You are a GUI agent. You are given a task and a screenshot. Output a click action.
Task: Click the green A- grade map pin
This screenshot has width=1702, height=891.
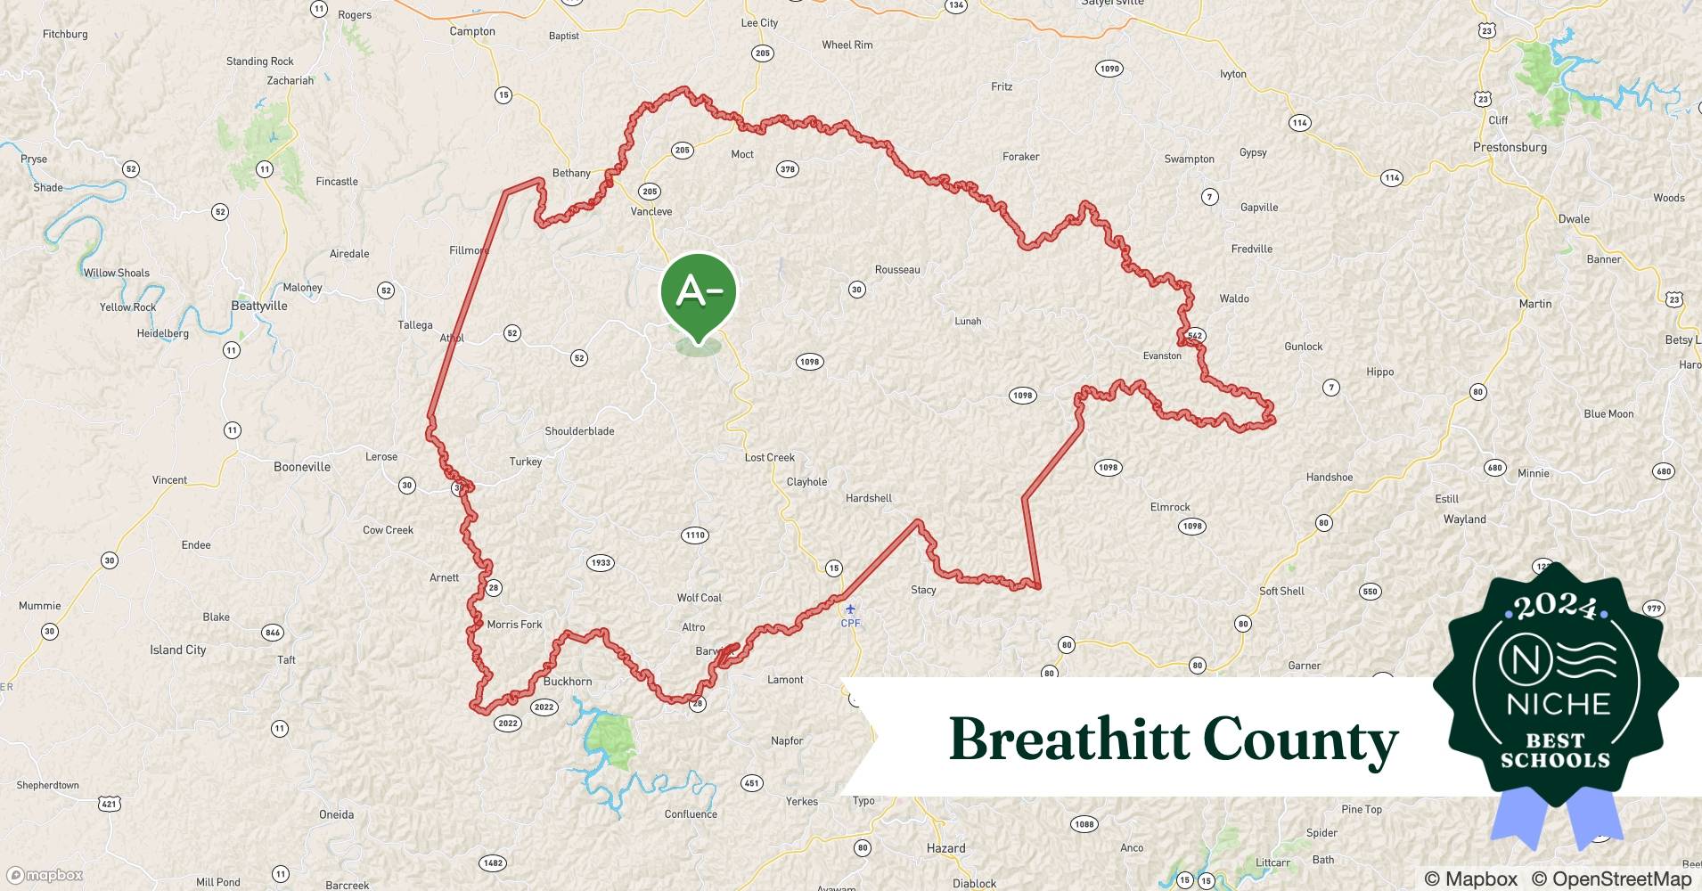(699, 292)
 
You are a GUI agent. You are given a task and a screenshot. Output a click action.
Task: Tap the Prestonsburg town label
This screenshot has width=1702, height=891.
(1510, 147)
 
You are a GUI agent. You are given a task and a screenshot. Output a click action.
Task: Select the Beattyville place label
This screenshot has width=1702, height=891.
(259, 306)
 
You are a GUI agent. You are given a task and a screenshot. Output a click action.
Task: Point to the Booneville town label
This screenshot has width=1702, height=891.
(302, 467)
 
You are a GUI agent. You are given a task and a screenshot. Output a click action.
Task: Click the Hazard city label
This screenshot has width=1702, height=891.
(945, 848)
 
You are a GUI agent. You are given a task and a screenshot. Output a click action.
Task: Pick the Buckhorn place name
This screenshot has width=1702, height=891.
(568, 682)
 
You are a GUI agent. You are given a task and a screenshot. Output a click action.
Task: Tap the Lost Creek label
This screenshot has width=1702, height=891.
(769, 458)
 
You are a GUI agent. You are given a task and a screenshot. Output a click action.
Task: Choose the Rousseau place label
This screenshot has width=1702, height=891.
(897, 270)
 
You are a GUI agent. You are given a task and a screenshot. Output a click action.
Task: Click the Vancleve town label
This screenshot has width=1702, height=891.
(651, 212)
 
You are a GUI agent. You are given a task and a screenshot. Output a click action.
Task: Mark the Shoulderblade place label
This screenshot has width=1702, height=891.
(579, 431)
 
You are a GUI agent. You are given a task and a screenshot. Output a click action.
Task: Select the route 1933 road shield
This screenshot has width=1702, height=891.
(601, 563)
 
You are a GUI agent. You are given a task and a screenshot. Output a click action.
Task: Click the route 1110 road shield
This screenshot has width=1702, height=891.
(695, 535)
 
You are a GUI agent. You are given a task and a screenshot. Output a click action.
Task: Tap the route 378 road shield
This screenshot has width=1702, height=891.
(788, 169)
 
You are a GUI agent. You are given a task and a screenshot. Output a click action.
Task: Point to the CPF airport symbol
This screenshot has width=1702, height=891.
(850, 610)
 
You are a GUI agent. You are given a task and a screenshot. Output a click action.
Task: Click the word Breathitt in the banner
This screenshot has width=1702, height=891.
(1069, 740)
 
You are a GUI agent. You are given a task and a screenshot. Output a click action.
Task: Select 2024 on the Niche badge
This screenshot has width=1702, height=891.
(1555, 606)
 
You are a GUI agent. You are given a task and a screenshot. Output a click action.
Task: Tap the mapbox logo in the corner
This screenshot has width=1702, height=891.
(45, 875)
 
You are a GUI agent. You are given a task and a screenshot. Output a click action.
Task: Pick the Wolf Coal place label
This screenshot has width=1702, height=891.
(700, 598)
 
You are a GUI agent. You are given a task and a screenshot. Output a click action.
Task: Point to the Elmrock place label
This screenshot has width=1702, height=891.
(1170, 507)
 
